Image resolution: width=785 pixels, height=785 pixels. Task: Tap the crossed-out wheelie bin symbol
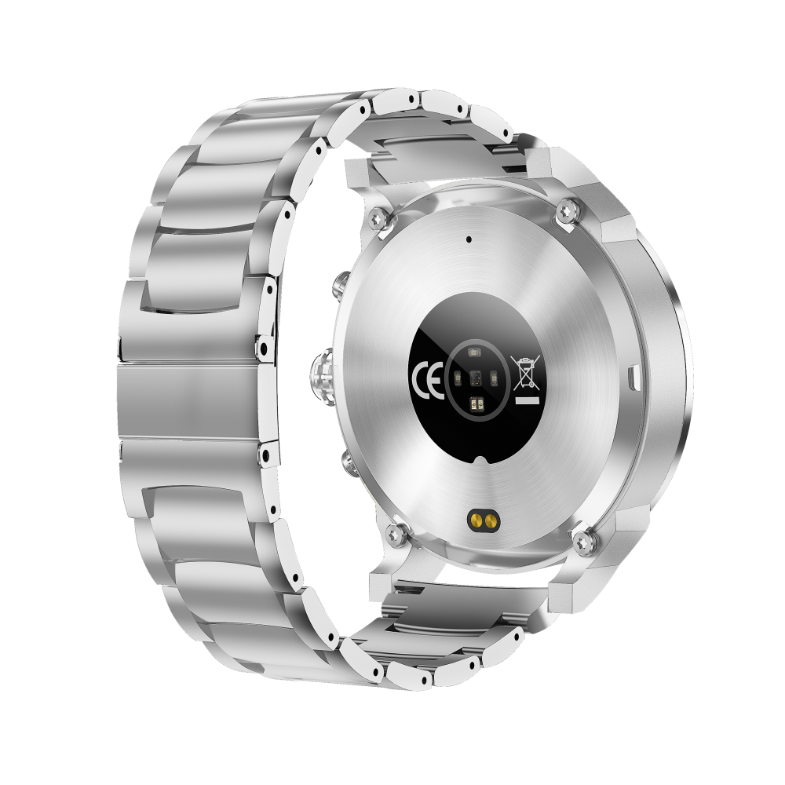(x=525, y=371)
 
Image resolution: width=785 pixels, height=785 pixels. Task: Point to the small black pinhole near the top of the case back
(x=469, y=239)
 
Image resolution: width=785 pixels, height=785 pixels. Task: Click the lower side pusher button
(x=350, y=464)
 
